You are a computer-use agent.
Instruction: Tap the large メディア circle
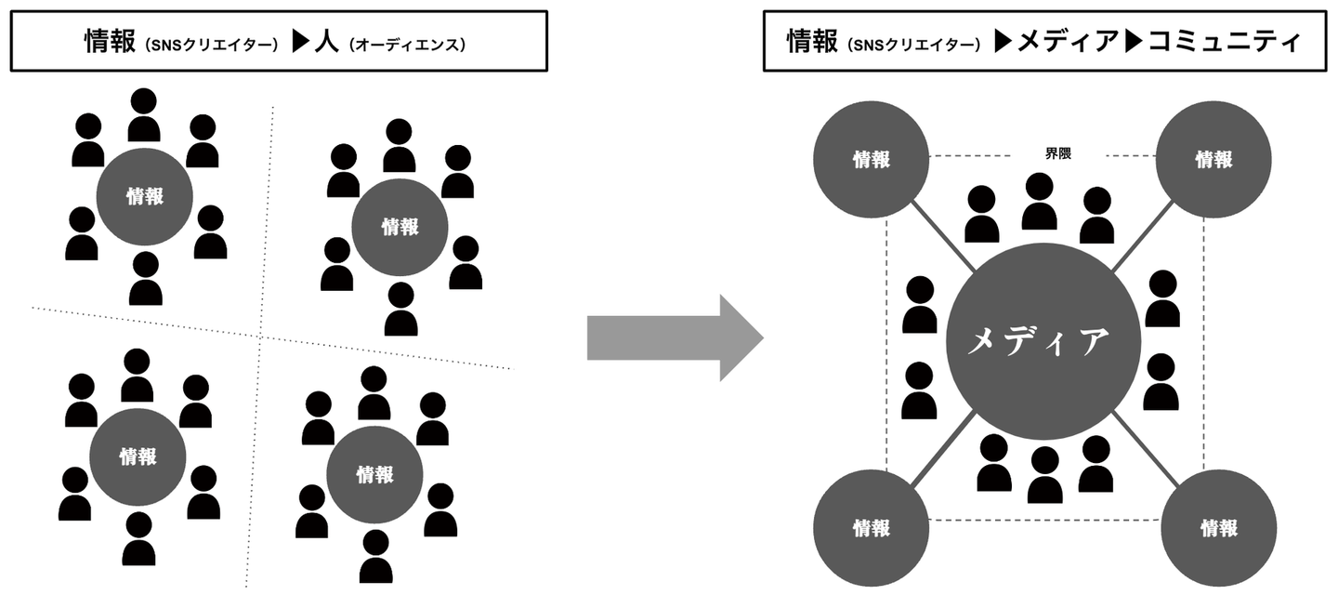tap(1039, 341)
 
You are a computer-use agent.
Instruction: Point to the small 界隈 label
tap(1057, 154)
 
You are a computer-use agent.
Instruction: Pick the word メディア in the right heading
tap(1066, 42)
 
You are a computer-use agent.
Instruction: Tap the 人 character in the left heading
tap(326, 42)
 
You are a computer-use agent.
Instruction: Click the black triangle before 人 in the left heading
tap(299, 43)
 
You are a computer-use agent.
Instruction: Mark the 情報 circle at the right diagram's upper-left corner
tap(872, 159)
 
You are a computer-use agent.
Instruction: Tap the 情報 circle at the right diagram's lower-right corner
tap(1218, 528)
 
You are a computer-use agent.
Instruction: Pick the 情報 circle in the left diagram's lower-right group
tap(374, 475)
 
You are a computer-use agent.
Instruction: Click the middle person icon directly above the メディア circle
tap(1040, 202)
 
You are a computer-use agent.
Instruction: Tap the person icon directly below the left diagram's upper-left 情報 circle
tap(145, 279)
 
